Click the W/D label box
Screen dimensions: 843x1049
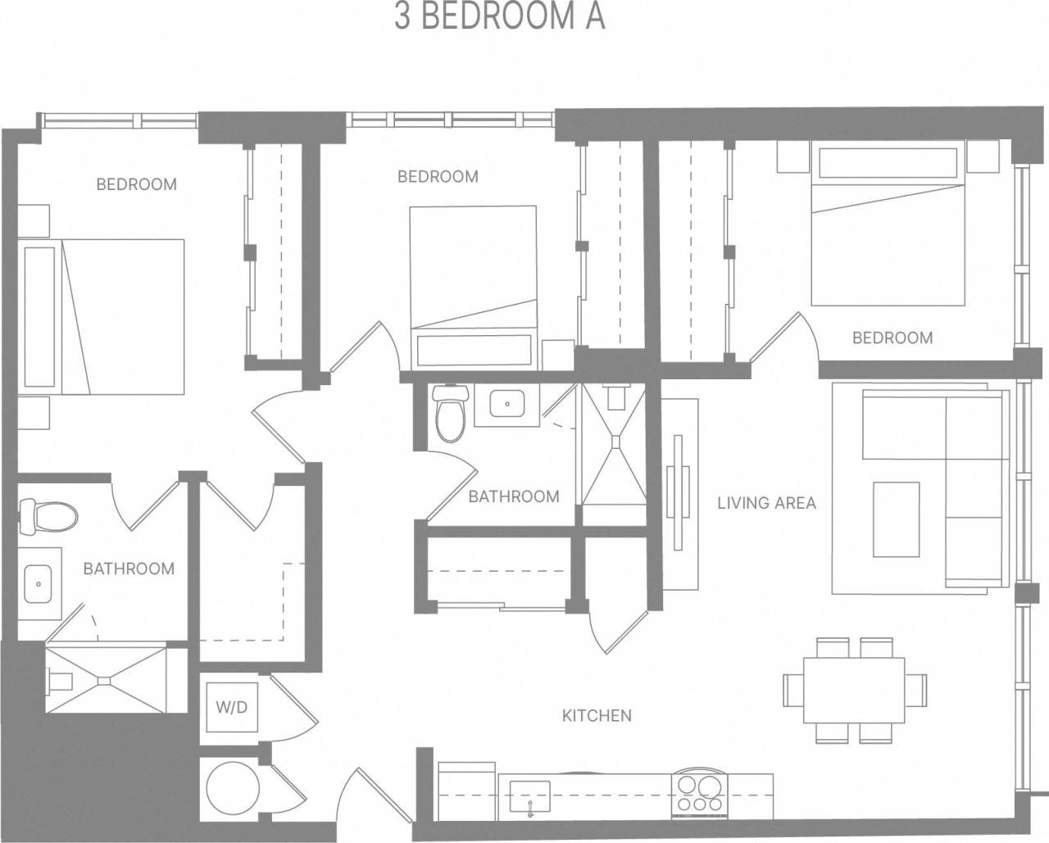(232, 706)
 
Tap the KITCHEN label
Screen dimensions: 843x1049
(597, 715)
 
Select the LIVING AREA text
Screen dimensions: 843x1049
(766, 503)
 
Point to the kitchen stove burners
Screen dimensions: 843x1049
(699, 793)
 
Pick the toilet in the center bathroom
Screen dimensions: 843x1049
(450, 415)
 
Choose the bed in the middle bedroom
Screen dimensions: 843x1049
(472, 279)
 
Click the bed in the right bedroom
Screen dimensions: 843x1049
(888, 238)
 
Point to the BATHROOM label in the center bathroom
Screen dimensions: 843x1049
(514, 496)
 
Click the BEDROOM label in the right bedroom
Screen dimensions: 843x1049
(892, 338)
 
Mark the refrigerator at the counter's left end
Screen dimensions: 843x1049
(467, 791)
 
